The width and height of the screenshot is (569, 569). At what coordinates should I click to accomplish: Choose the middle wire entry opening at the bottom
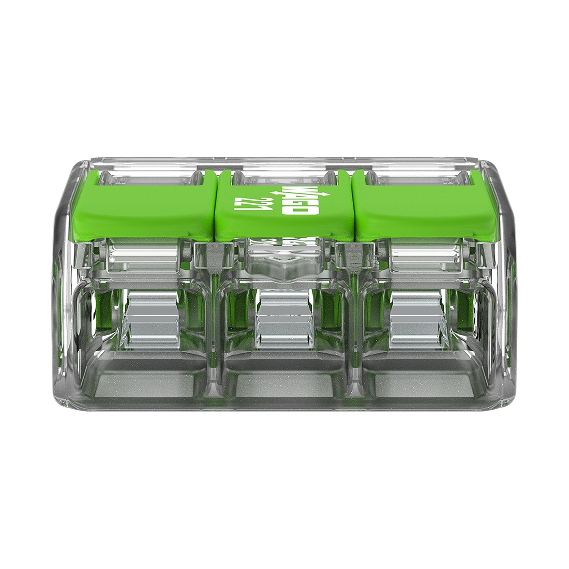[x=284, y=380]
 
